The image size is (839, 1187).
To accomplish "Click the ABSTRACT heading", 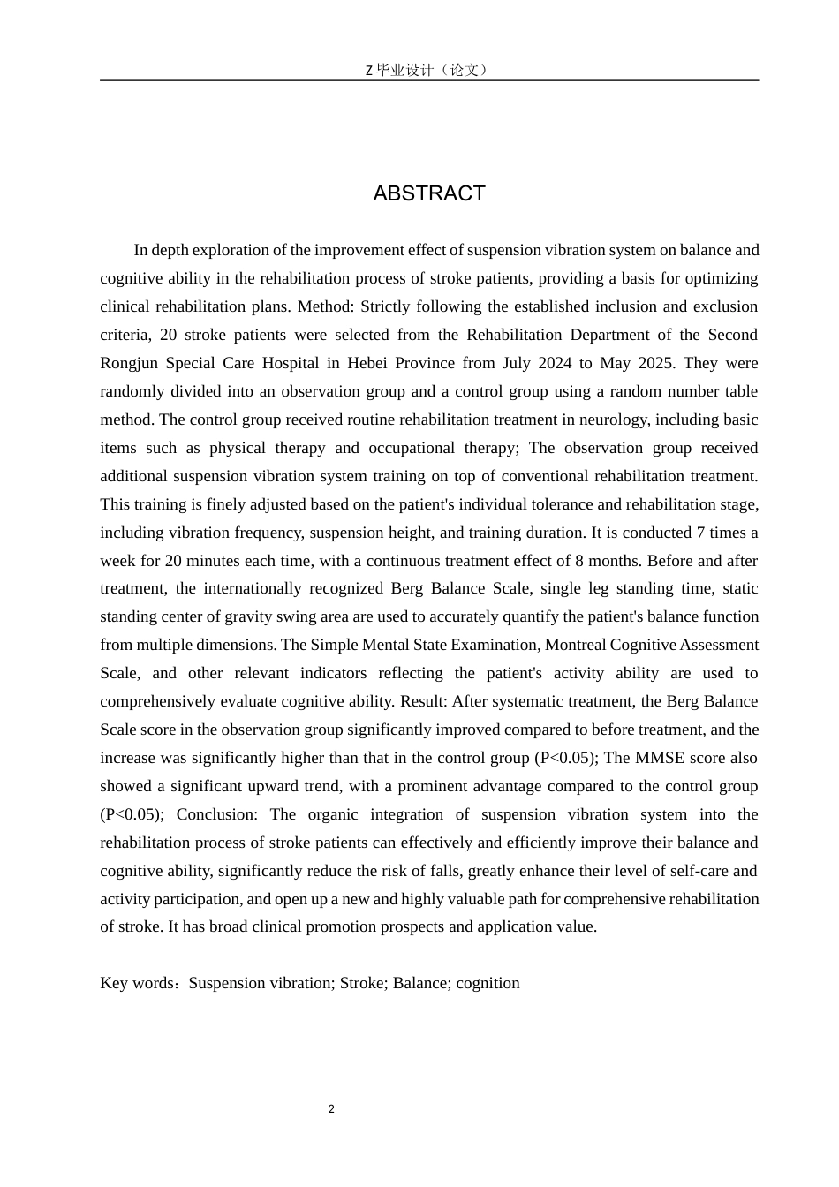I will pyautogui.click(x=429, y=193).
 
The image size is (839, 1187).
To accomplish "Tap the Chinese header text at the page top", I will pyautogui.click(x=428, y=70).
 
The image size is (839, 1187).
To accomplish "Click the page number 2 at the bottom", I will pyautogui.click(x=331, y=1109).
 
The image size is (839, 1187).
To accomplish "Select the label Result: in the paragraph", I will pyautogui.click(x=425, y=701).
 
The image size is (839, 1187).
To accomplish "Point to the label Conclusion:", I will pyautogui.click(x=217, y=814).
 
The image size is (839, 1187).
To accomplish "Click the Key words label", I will pyautogui.click(x=140, y=983).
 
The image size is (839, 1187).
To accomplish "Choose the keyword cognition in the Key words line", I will pyautogui.click(x=488, y=983).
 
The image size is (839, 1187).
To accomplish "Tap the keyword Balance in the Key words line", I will pyautogui.click(x=420, y=983).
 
